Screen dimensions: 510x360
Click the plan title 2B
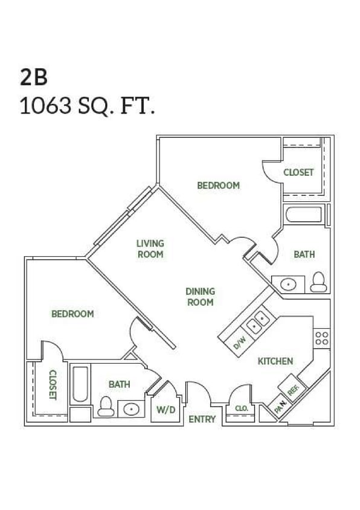34,77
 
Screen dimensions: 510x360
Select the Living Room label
150,249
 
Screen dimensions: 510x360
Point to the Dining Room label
200,296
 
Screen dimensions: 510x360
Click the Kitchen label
275,361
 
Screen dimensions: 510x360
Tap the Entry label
202,419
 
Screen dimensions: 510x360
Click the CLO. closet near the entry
242,408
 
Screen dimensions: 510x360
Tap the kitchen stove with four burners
321,338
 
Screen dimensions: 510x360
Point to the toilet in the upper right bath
318,282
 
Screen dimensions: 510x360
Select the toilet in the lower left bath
106,407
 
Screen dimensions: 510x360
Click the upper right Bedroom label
218,186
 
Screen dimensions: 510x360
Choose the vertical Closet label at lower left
53,384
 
